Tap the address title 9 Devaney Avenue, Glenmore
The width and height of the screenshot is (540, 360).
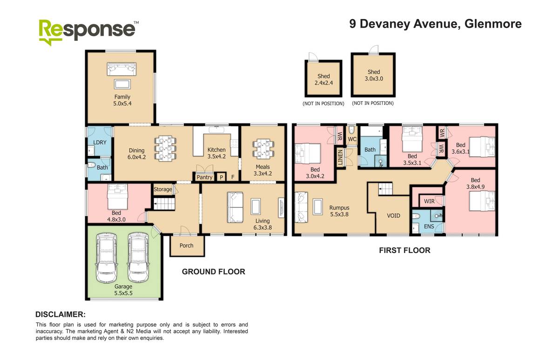click(435, 24)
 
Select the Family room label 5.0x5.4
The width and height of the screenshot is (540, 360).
click(122, 100)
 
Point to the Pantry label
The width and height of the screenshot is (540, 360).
click(205, 177)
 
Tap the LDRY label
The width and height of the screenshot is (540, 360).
click(98, 142)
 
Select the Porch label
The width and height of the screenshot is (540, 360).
click(187, 246)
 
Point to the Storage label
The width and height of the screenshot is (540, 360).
click(162, 189)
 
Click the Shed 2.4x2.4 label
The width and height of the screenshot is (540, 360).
click(324, 80)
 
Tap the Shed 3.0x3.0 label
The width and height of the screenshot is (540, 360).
click(373, 75)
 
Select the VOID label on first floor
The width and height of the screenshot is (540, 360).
click(394, 216)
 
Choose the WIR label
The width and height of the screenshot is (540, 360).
click(429, 201)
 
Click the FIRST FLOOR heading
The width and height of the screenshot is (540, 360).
click(404, 250)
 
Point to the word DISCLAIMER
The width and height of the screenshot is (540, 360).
click(61, 314)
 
